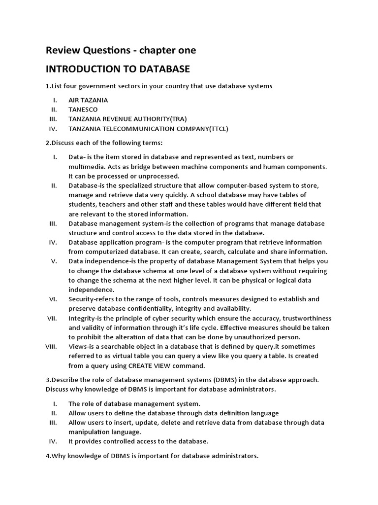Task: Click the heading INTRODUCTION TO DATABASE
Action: (118, 68)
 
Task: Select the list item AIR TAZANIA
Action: (88, 100)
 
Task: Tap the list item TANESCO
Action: (83, 109)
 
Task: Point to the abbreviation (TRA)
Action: (178, 119)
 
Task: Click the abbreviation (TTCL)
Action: (219, 129)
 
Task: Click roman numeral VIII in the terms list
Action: (52, 346)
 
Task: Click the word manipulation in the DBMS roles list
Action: (90, 432)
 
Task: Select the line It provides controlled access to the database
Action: (138, 441)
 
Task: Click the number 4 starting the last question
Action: (47, 456)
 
